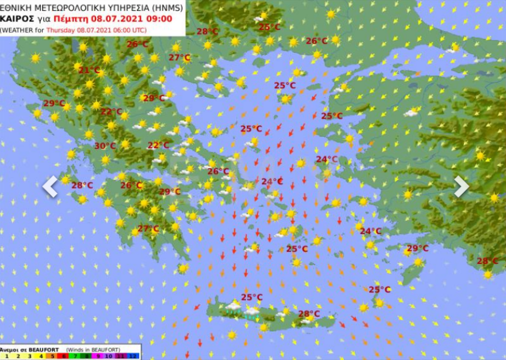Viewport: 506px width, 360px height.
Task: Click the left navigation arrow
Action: point(50,186)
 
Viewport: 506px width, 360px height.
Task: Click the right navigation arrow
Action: point(461,186)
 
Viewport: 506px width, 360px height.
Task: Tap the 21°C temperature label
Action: point(89,70)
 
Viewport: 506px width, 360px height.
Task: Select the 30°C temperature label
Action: point(105,146)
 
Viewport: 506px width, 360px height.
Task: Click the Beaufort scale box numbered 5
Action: point(52,356)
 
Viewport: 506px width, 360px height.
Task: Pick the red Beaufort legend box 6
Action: point(64,356)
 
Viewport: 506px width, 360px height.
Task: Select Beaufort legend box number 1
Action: point(6,356)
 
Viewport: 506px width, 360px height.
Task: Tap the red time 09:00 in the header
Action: point(159,18)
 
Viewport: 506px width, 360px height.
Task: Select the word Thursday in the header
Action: point(61,29)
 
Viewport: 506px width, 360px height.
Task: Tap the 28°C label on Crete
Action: point(309,314)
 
